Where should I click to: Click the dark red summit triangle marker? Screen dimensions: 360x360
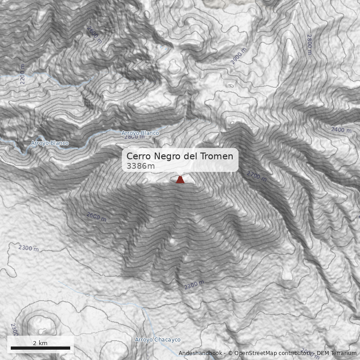click(180, 180)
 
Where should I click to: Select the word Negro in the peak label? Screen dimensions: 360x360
click(167, 156)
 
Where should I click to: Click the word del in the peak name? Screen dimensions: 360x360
click(189, 156)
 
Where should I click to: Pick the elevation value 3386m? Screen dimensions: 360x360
click(140, 166)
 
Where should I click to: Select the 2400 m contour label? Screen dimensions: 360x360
click(341, 130)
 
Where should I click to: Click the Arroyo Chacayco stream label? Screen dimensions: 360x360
click(157, 340)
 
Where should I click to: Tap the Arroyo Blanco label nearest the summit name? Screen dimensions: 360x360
click(140, 133)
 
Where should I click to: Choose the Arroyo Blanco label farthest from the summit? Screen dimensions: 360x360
click(49, 143)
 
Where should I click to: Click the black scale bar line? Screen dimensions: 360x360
click(40, 348)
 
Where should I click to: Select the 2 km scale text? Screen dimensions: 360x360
click(40, 343)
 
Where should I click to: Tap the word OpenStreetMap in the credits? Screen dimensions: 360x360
click(255, 353)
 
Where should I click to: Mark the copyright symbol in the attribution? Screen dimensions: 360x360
click(230, 353)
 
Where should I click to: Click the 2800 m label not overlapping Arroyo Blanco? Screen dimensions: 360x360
click(309, 44)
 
